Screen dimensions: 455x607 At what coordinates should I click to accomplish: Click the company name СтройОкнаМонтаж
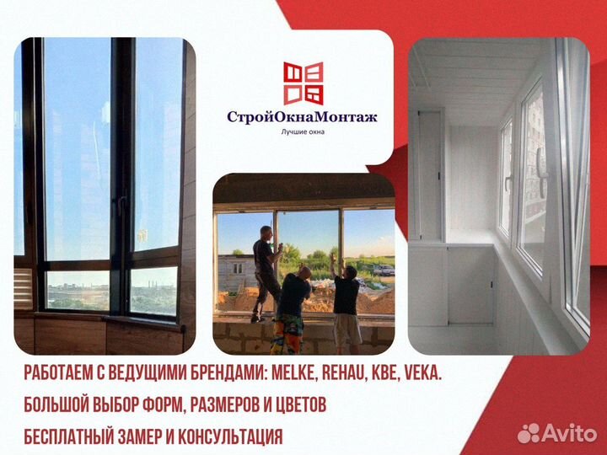303,117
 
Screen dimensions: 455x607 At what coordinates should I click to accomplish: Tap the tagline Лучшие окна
303,131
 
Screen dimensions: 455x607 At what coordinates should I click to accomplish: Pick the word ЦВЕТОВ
298,406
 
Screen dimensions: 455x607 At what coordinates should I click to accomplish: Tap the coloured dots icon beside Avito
528,433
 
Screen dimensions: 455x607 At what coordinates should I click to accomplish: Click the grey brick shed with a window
234,270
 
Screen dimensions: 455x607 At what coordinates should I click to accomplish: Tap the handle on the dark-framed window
121,204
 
